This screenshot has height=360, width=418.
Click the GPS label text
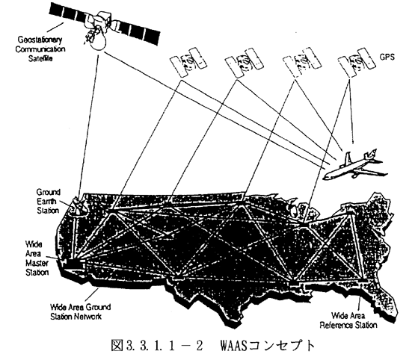click(x=387, y=57)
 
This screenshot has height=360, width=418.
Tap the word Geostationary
click(x=40, y=40)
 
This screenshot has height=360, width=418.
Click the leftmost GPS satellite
click(x=188, y=63)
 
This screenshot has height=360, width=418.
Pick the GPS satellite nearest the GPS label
click(x=357, y=63)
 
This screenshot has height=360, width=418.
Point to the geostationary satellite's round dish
click(x=97, y=41)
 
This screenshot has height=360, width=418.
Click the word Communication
click(x=40, y=49)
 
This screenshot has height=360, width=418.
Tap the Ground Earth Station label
click(x=48, y=202)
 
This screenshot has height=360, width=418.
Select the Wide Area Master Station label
click(x=37, y=258)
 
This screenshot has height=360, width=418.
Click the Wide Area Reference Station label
click(x=348, y=320)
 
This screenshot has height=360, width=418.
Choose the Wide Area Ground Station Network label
click(x=80, y=311)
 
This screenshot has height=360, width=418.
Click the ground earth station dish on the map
click(x=76, y=205)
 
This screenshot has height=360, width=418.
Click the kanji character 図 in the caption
click(x=117, y=345)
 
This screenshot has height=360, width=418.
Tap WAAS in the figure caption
click(x=233, y=345)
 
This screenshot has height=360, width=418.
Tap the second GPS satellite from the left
click(x=245, y=63)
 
